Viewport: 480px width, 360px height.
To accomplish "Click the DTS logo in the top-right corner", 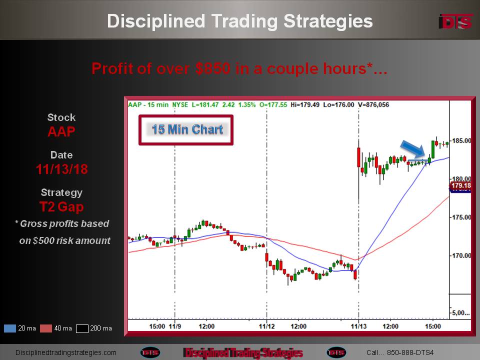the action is pyautogui.click(x=455, y=21).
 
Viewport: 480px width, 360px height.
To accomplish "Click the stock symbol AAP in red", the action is pyautogui.click(x=61, y=131).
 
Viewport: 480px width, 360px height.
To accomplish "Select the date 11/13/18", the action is pyautogui.click(x=62, y=169).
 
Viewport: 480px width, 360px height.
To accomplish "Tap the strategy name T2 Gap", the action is pyautogui.click(x=61, y=207).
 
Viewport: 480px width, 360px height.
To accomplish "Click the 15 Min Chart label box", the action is pyautogui.click(x=186, y=130).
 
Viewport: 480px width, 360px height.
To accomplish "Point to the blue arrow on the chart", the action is pyautogui.click(x=413, y=149).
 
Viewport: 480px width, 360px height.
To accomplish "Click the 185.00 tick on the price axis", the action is pyautogui.click(x=461, y=141).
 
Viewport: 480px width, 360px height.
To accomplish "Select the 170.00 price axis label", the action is pyautogui.click(x=461, y=255).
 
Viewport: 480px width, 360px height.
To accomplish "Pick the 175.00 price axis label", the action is pyautogui.click(x=461, y=217).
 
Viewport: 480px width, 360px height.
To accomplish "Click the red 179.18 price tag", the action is pyautogui.click(x=460, y=185).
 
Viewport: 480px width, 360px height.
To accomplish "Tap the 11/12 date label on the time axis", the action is pyautogui.click(x=266, y=326).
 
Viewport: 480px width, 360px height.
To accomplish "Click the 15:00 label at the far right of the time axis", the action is pyautogui.click(x=433, y=326).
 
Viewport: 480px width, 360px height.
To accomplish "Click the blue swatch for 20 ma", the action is pyautogui.click(x=10, y=328).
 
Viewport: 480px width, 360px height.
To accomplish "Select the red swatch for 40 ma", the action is pyautogui.click(x=46, y=328).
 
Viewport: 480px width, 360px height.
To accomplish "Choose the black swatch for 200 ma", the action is pyautogui.click(x=82, y=328).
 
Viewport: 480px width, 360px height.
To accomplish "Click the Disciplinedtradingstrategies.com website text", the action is pyautogui.click(x=66, y=352).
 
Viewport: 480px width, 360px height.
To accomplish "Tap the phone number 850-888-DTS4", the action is pyautogui.click(x=410, y=352).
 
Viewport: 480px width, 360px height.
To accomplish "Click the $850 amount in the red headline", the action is pyautogui.click(x=213, y=68).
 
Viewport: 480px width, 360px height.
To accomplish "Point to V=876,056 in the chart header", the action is pyautogui.click(x=373, y=104).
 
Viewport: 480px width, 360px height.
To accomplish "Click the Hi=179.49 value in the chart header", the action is pyautogui.click(x=305, y=104).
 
